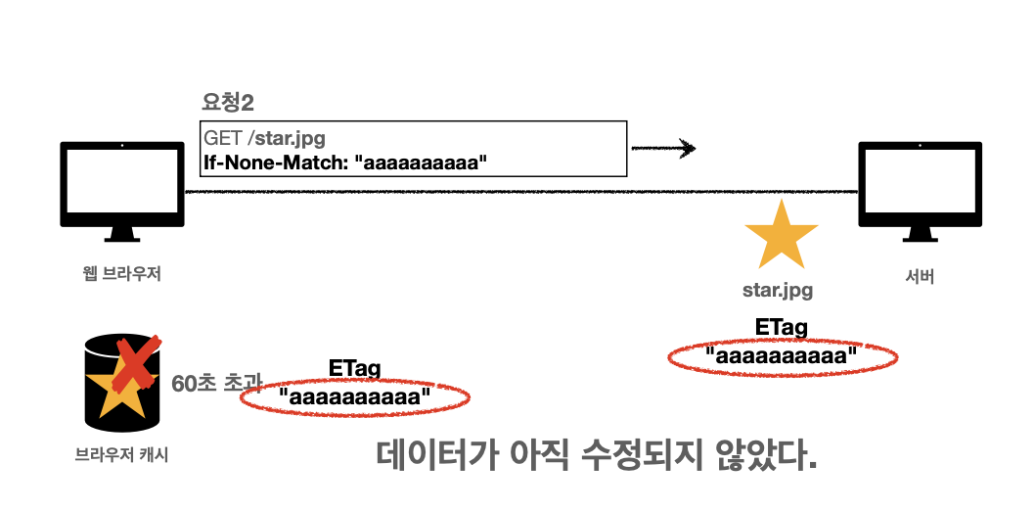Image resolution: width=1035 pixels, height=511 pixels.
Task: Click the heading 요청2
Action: [x=227, y=102]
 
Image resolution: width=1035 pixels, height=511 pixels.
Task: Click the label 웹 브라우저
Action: [x=121, y=274]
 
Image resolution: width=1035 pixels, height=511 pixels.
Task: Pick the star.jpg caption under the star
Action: [x=779, y=291]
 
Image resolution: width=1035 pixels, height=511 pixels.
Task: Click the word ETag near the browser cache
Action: [x=354, y=369]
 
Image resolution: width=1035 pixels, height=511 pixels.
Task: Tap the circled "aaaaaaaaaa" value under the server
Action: [x=782, y=356]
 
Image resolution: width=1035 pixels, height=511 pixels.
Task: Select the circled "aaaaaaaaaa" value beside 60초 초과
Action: [x=354, y=397]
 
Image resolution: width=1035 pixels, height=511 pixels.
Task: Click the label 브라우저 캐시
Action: [x=121, y=455]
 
